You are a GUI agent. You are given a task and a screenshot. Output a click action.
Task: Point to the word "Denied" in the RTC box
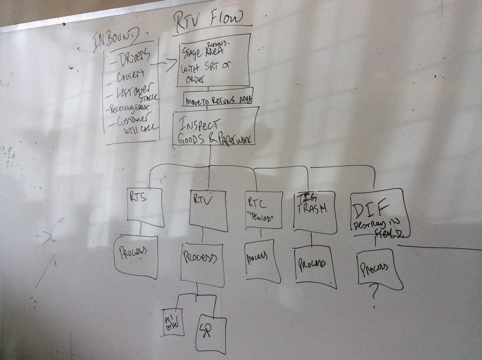pos(261,218)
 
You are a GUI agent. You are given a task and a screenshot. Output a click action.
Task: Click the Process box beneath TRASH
pos(312,264)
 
